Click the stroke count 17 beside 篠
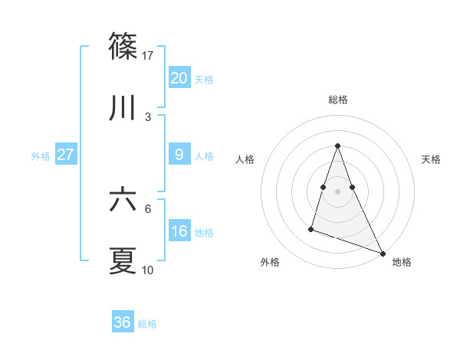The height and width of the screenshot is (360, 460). coord(149,56)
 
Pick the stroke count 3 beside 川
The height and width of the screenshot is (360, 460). coord(148,117)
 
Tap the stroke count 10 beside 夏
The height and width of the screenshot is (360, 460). coord(148,270)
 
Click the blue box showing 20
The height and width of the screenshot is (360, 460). coord(179,78)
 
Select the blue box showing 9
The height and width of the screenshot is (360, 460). coord(179,155)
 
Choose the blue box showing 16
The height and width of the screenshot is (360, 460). coord(179,231)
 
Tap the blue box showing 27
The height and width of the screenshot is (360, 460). coord(65,155)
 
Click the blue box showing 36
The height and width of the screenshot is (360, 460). coord(122,322)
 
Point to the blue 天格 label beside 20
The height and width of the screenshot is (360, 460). coord(204,80)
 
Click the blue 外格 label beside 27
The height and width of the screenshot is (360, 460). coord(41,156)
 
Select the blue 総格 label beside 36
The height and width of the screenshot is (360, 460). coord(147,324)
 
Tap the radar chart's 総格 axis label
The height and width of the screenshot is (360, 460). coord(337,100)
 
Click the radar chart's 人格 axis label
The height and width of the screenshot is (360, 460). coord(245,159)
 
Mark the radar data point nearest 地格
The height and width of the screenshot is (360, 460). coord(382,252)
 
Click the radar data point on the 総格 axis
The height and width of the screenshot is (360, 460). coord(337,146)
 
